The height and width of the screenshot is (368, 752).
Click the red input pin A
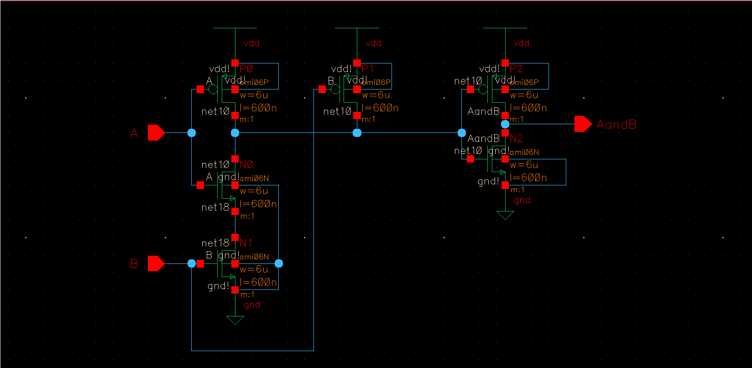click(x=156, y=133)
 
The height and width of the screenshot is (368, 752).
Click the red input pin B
click(x=156, y=263)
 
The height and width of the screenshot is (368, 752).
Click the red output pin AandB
click(x=583, y=124)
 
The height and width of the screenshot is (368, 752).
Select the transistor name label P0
click(x=246, y=68)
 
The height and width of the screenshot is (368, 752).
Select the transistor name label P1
click(x=368, y=68)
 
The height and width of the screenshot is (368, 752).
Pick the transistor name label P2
click(x=516, y=68)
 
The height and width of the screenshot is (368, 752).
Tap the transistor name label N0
click(x=246, y=164)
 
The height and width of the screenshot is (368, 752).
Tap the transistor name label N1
click(x=246, y=242)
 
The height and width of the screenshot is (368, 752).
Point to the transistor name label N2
click(x=517, y=138)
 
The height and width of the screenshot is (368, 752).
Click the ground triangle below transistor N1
click(x=235, y=320)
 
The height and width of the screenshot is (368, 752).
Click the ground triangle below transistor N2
click(x=505, y=215)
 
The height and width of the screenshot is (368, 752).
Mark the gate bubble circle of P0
click(x=213, y=89)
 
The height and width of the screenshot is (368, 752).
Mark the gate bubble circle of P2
click(x=483, y=89)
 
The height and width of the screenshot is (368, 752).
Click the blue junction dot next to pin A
click(x=192, y=133)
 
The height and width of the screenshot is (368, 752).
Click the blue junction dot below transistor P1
click(x=357, y=133)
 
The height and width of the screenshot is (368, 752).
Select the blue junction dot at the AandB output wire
click(x=505, y=124)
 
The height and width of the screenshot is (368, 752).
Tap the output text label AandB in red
click(x=616, y=125)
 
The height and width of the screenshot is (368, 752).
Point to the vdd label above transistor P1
click(x=373, y=43)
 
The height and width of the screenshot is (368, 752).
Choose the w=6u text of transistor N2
click(x=524, y=165)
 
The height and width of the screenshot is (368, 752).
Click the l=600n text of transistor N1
click(x=258, y=283)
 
